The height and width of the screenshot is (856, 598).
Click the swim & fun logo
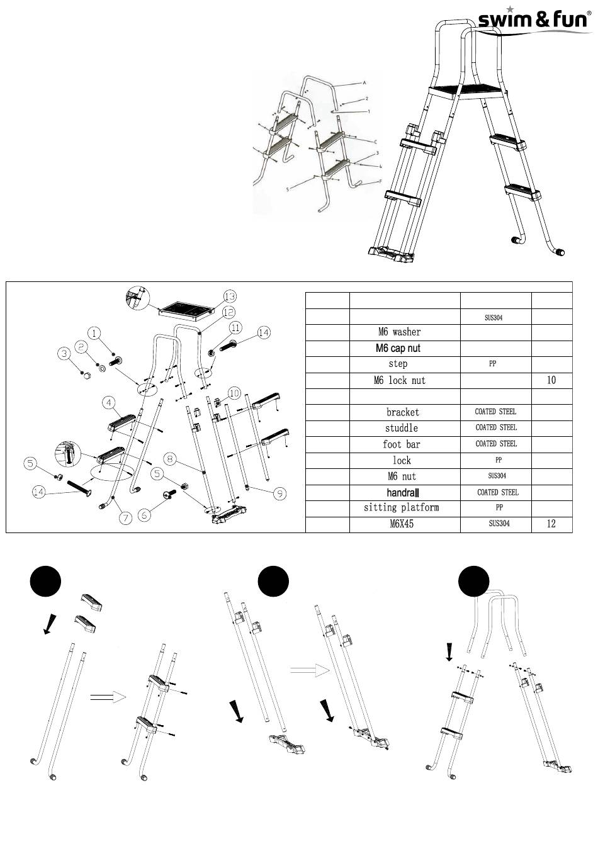pos(534,21)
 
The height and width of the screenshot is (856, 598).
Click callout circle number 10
pos(234,393)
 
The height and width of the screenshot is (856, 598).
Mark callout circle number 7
pos(125,518)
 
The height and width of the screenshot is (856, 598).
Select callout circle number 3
pos(64,354)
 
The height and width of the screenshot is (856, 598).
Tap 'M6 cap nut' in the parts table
pos(398,349)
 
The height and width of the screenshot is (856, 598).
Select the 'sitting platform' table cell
pos(401,508)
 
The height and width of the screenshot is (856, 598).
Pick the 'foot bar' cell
pos(401,444)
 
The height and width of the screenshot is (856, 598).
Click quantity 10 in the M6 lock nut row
pos(551,381)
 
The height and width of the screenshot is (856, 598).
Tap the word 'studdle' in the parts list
pos(401,428)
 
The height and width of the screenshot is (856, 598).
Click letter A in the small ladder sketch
pos(364,82)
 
